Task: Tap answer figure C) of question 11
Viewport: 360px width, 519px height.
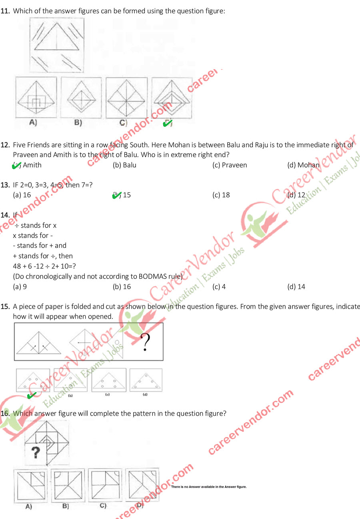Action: coord(126,98)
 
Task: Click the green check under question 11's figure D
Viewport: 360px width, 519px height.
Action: coord(168,124)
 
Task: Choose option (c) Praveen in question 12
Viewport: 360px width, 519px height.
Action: coord(230,165)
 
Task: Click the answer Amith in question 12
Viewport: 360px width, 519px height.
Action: coord(32,165)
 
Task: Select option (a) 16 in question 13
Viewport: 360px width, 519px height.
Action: coord(22,195)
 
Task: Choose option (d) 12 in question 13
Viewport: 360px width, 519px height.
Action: coord(296,195)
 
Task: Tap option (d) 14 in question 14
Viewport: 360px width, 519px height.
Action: coord(296,286)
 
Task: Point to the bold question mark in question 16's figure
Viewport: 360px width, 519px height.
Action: coord(36,453)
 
